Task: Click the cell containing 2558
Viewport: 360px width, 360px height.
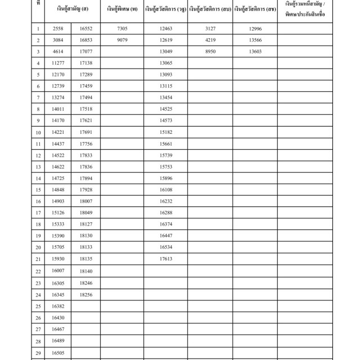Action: pyautogui.click(x=57, y=29)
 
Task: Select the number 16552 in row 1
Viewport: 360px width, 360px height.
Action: pyautogui.click(x=86, y=29)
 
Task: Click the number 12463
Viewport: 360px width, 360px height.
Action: pyautogui.click(x=166, y=29)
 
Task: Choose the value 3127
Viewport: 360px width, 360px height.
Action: pyautogui.click(x=210, y=29)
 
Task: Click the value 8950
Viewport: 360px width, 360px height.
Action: pyautogui.click(x=210, y=52)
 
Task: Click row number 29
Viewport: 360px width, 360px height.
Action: pyautogui.click(x=38, y=353)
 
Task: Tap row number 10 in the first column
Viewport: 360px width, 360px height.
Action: pyautogui.click(x=38, y=133)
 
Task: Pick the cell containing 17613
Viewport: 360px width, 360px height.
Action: pyautogui.click(x=166, y=259)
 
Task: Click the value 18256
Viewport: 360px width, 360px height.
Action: pyautogui.click(x=86, y=294)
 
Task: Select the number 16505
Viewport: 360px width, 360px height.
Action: pyautogui.click(x=57, y=353)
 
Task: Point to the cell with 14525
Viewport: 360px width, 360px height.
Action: pyautogui.click(x=166, y=109)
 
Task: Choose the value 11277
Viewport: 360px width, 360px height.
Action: pyautogui.click(x=57, y=63)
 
